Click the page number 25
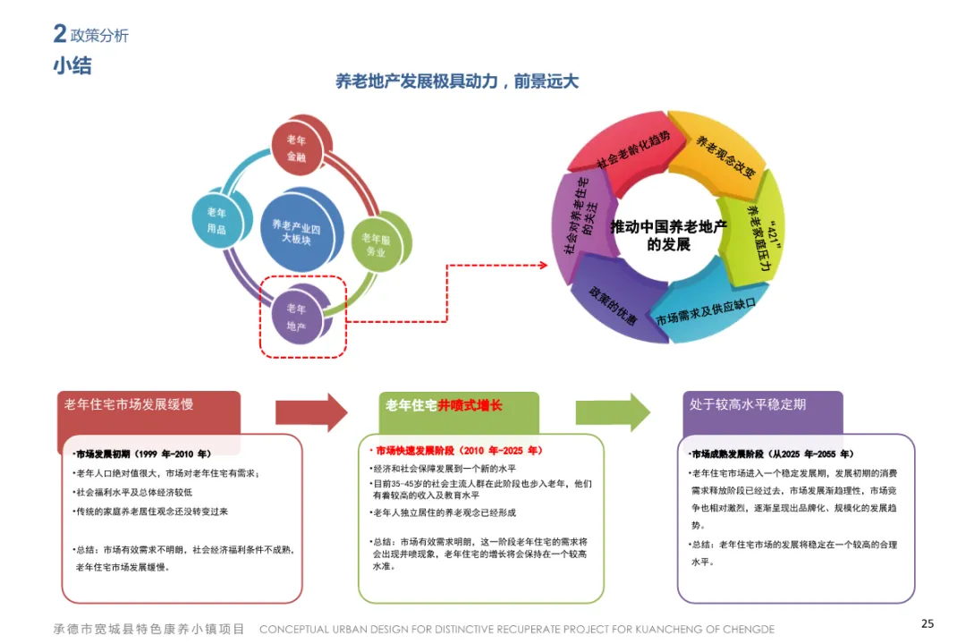(928, 623)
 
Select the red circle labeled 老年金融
(296, 148)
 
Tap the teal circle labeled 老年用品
(217, 221)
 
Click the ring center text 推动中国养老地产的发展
(668, 235)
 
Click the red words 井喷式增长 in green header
(470, 405)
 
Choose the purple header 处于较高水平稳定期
(748, 404)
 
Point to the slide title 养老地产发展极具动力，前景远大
(457, 82)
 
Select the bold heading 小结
(72, 66)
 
